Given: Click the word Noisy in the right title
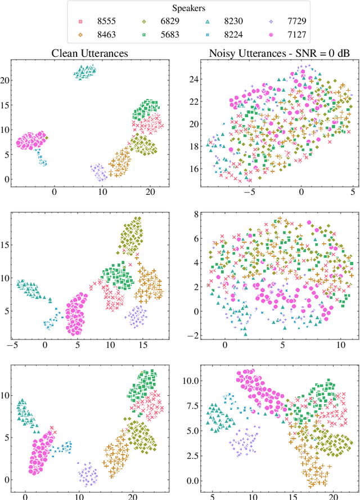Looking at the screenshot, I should (x=222, y=53).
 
